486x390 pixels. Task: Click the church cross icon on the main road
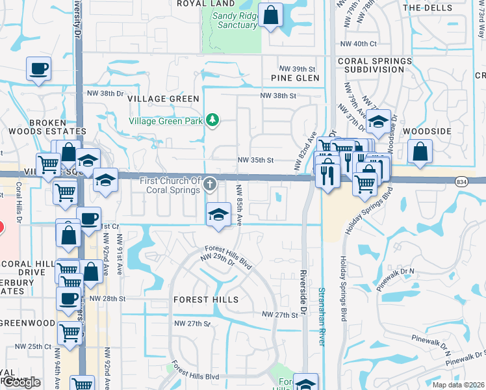tap(209, 185)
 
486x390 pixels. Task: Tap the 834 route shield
tap(461, 181)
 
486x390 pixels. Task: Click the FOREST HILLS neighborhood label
tap(206, 300)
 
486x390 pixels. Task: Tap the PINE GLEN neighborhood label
tap(295, 78)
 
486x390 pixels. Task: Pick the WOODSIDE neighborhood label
tap(427, 131)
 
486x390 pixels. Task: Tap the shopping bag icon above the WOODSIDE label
tap(420, 151)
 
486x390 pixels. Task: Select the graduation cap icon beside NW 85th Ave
tap(219, 214)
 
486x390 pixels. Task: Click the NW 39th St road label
tap(297, 68)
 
